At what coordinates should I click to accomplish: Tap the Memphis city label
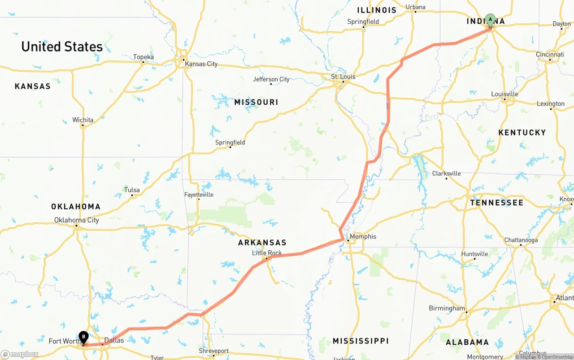tap(363, 236)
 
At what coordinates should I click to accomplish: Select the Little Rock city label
tap(267, 253)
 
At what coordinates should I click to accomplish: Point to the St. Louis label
tap(343, 77)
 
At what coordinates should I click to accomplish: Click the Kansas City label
tap(201, 64)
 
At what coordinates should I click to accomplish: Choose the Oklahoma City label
tap(77, 220)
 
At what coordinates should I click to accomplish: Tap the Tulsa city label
tap(132, 190)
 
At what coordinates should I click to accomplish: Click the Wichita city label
tap(83, 120)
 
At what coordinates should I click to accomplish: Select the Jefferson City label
tap(271, 79)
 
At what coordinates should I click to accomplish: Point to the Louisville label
tap(504, 94)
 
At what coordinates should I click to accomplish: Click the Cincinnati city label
tap(550, 54)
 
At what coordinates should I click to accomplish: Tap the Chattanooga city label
tap(521, 240)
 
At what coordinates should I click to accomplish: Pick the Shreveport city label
tap(213, 351)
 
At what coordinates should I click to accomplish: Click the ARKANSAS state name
tap(262, 243)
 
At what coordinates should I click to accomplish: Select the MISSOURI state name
tap(256, 102)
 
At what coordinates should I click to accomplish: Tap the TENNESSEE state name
tap(496, 203)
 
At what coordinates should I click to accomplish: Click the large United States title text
tap(62, 47)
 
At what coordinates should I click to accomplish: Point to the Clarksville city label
tap(446, 173)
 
